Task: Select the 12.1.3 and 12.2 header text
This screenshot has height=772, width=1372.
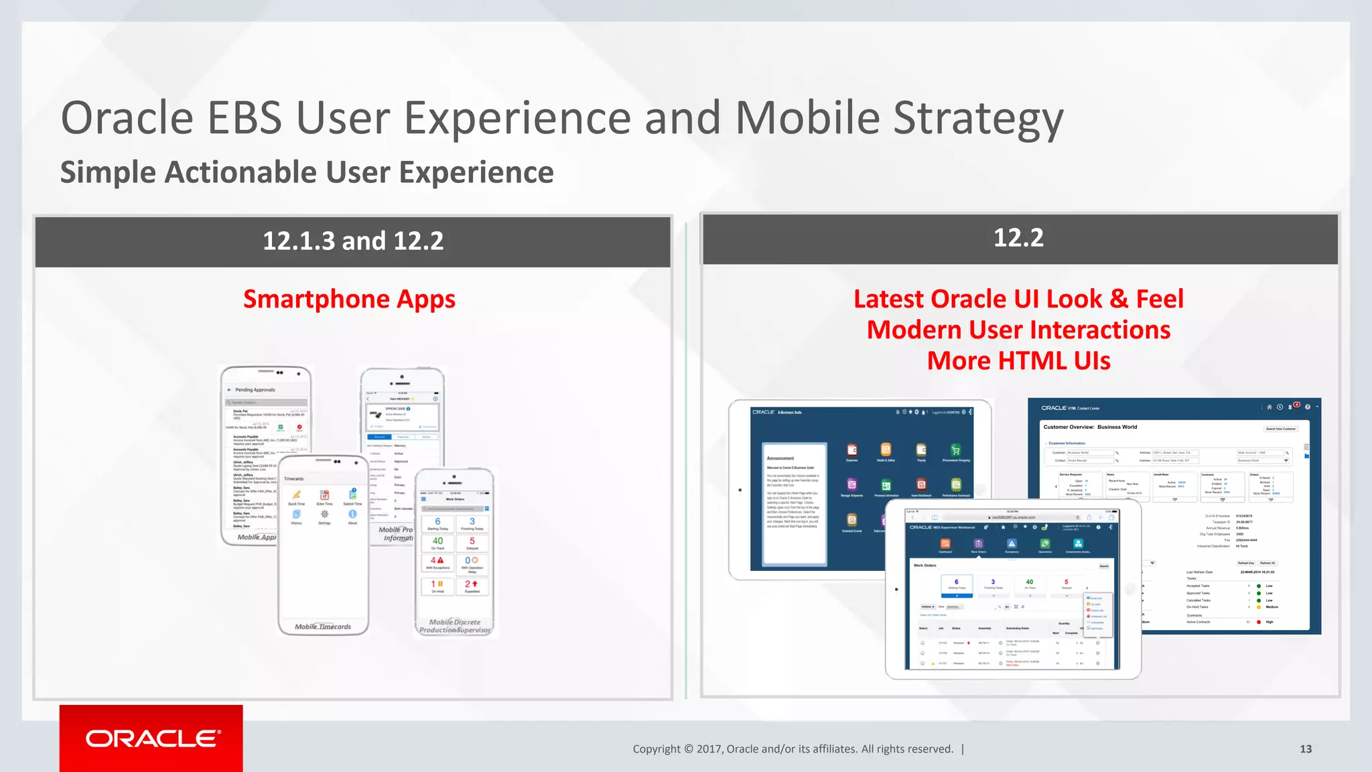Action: pos(352,241)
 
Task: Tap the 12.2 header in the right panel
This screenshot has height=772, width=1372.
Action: pos(1018,238)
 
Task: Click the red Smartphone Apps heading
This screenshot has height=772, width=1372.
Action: pos(349,299)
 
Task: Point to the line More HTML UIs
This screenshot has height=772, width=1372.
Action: pos(1018,361)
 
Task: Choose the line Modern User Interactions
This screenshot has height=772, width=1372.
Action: pos(1018,330)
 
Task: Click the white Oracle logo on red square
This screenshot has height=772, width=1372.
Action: pos(152,738)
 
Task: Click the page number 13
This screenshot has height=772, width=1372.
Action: pos(1306,749)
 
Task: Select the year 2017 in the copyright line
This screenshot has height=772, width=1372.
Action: pos(709,749)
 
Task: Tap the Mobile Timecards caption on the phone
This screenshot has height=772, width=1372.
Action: pos(323,627)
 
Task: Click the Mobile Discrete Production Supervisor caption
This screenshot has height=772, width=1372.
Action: pos(455,626)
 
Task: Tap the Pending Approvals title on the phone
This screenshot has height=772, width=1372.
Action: pos(255,389)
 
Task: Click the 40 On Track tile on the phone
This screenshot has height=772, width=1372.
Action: pos(437,543)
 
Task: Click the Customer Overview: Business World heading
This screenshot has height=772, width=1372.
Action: pos(1090,427)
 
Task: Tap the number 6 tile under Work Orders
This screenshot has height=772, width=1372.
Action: pos(957,584)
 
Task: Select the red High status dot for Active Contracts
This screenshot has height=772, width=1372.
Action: pos(1259,622)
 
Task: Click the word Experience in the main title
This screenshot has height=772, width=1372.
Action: pos(518,119)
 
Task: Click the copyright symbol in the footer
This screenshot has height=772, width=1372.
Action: pos(689,749)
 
